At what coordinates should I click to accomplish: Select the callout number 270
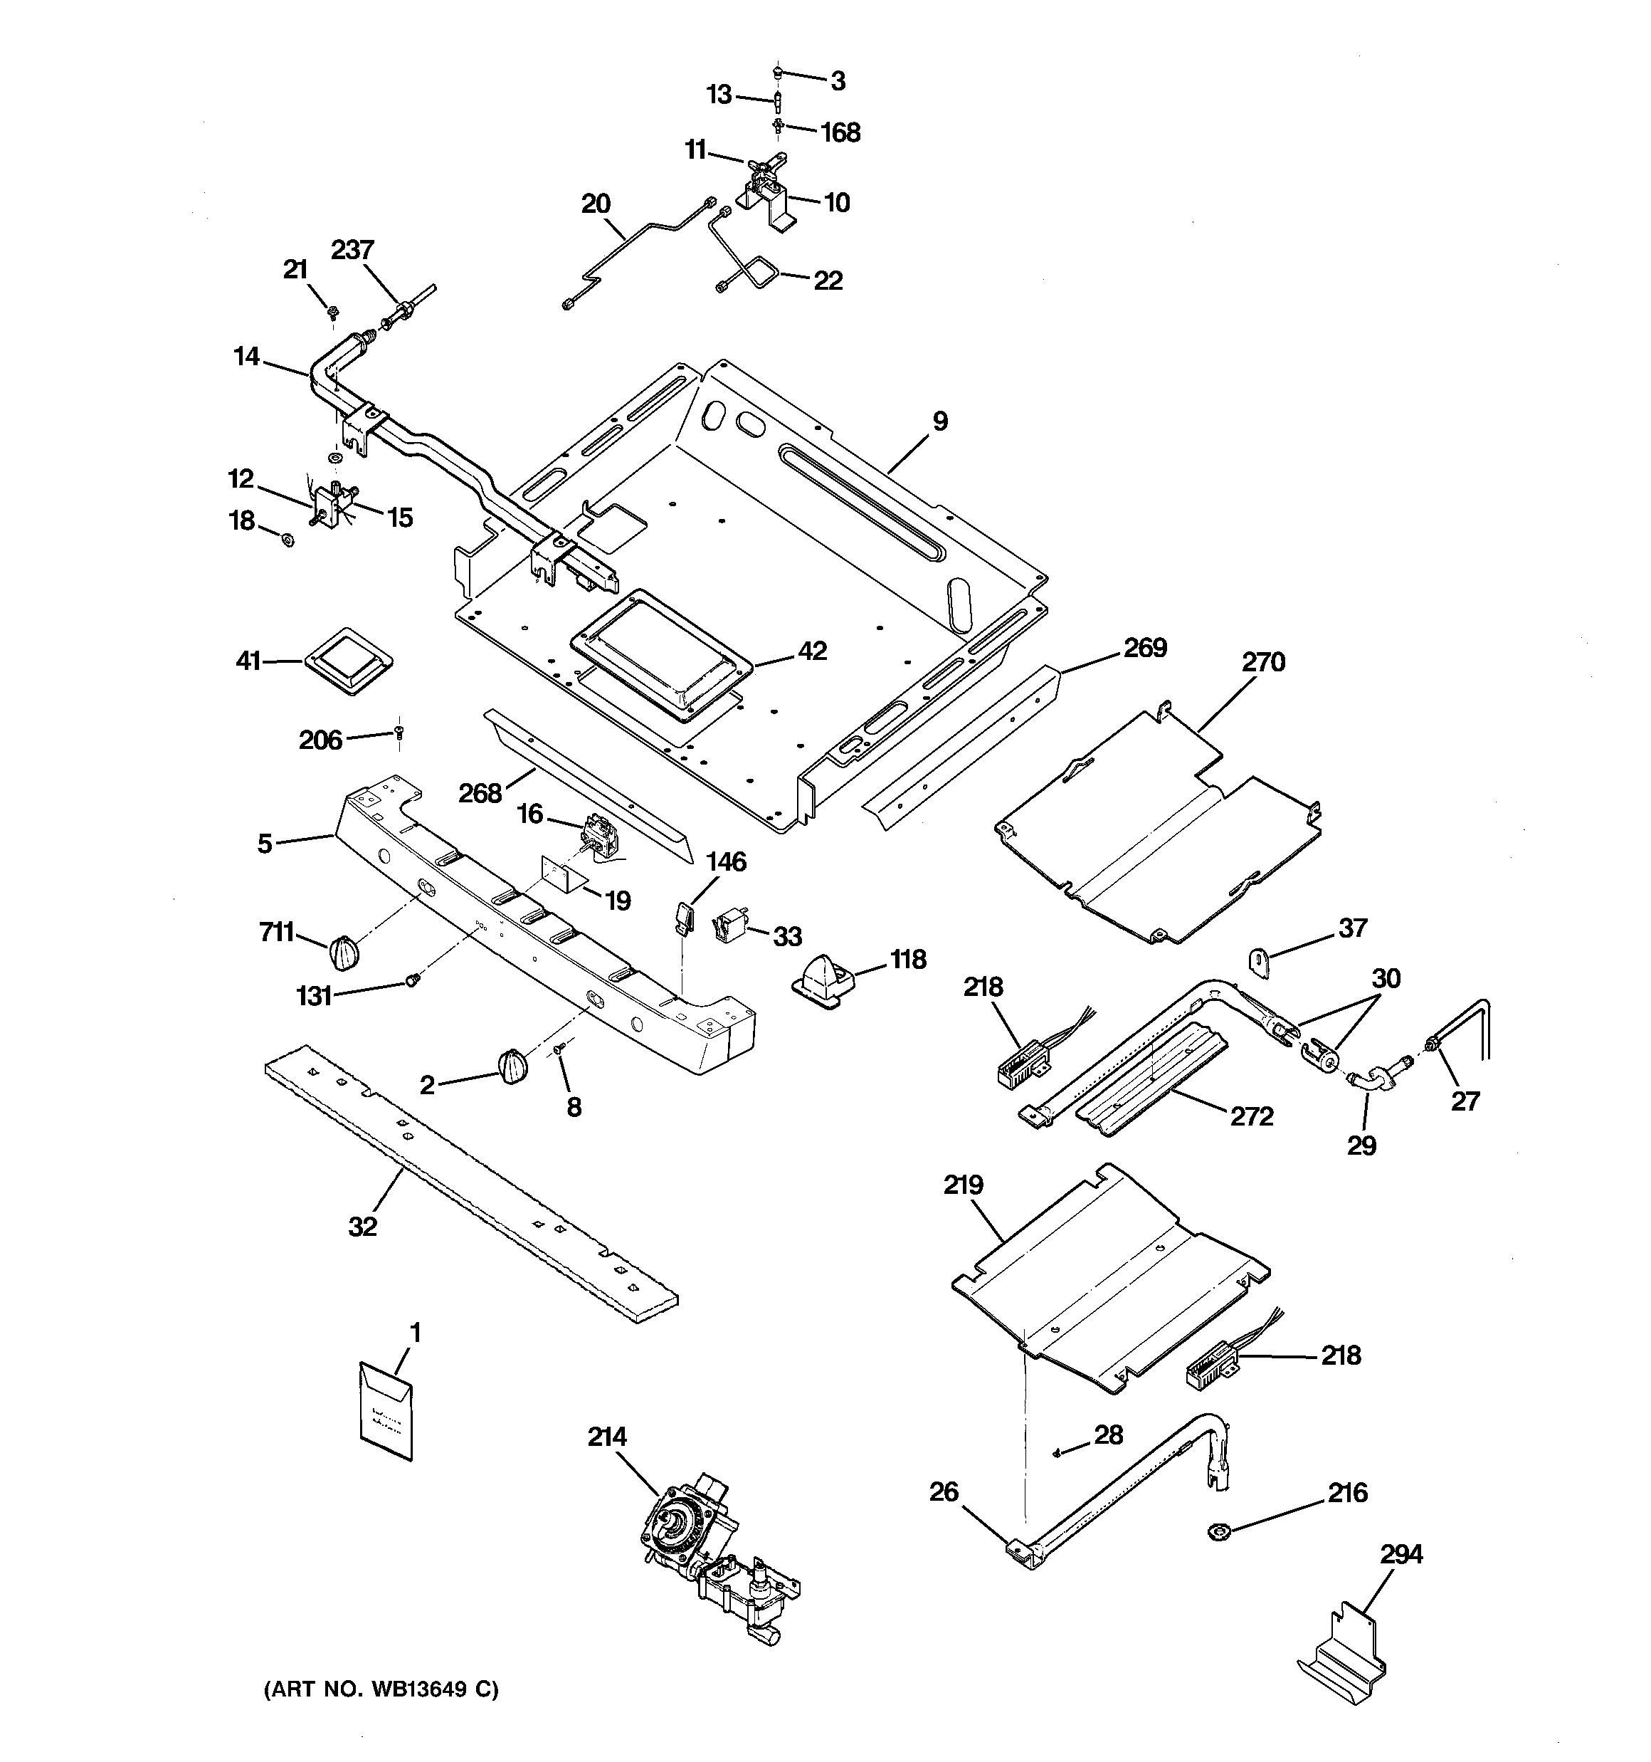(1263, 662)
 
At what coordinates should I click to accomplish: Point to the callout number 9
(939, 421)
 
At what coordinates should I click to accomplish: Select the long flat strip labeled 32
(470, 1183)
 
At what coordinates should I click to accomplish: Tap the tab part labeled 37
(1261, 962)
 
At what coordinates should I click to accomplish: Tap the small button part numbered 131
(412, 978)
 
